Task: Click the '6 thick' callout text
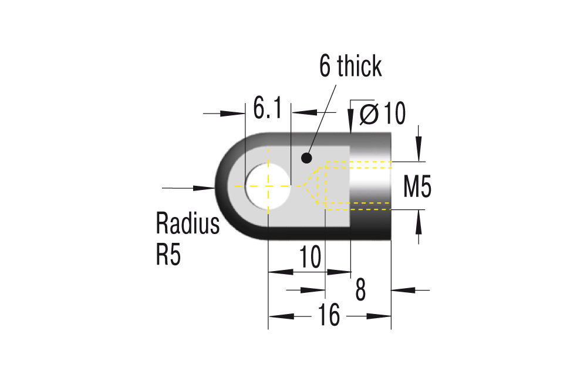350,66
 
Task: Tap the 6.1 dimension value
267,108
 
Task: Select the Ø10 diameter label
383,113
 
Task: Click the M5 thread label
417,186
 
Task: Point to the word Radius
188,223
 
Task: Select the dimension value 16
329,315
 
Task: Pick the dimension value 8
360,290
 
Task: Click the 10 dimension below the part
311,257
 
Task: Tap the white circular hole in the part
268,186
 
